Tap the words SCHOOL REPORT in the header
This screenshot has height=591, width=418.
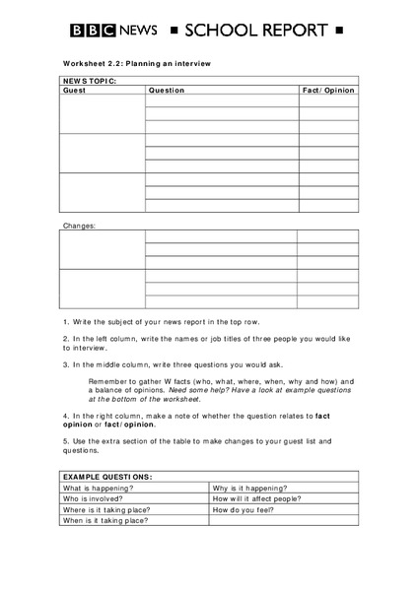click(251, 32)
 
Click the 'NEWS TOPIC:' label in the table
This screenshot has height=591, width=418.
click(90, 81)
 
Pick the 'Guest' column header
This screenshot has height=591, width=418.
click(75, 90)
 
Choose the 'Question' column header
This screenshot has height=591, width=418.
click(167, 90)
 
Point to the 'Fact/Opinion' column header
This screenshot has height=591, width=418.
click(328, 90)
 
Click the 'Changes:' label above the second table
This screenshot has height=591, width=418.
click(79, 226)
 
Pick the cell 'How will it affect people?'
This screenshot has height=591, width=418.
click(257, 498)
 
